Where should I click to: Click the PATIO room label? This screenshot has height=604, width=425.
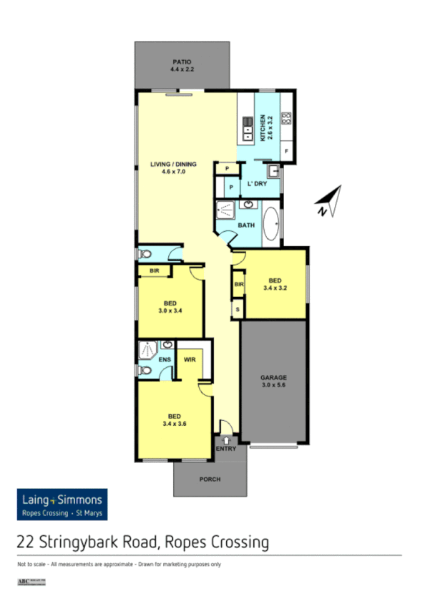coord(182,65)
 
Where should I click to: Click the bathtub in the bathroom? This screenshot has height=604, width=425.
coord(272,223)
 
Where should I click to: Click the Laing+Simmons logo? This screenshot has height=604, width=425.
coord(62,504)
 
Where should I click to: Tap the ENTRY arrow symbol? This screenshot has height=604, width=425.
coord(226,439)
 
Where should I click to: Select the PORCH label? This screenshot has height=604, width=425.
coord(210,479)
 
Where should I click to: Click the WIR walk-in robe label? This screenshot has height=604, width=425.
coord(190,360)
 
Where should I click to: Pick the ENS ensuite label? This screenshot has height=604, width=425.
coord(164,360)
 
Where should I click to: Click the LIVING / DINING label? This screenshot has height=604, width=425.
coord(173,167)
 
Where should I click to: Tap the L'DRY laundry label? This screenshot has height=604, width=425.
coord(257,184)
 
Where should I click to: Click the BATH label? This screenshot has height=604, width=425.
coord(246,225)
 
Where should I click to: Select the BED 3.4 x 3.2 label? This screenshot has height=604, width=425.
coord(275,284)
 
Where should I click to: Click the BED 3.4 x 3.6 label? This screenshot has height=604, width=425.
coord(174,420)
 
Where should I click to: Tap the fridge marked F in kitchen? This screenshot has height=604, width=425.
coord(286,151)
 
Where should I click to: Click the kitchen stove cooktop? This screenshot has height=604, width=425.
coord(285,119)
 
